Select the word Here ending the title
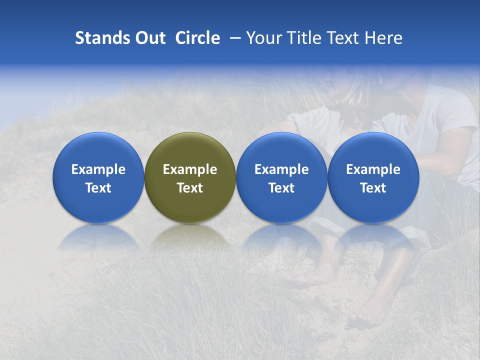(383, 38)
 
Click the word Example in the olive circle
(190, 169)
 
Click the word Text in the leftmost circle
(98, 188)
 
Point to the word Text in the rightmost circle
(373, 188)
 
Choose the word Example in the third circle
(281, 169)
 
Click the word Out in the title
(149, 38)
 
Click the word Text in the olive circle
(190, 188)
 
